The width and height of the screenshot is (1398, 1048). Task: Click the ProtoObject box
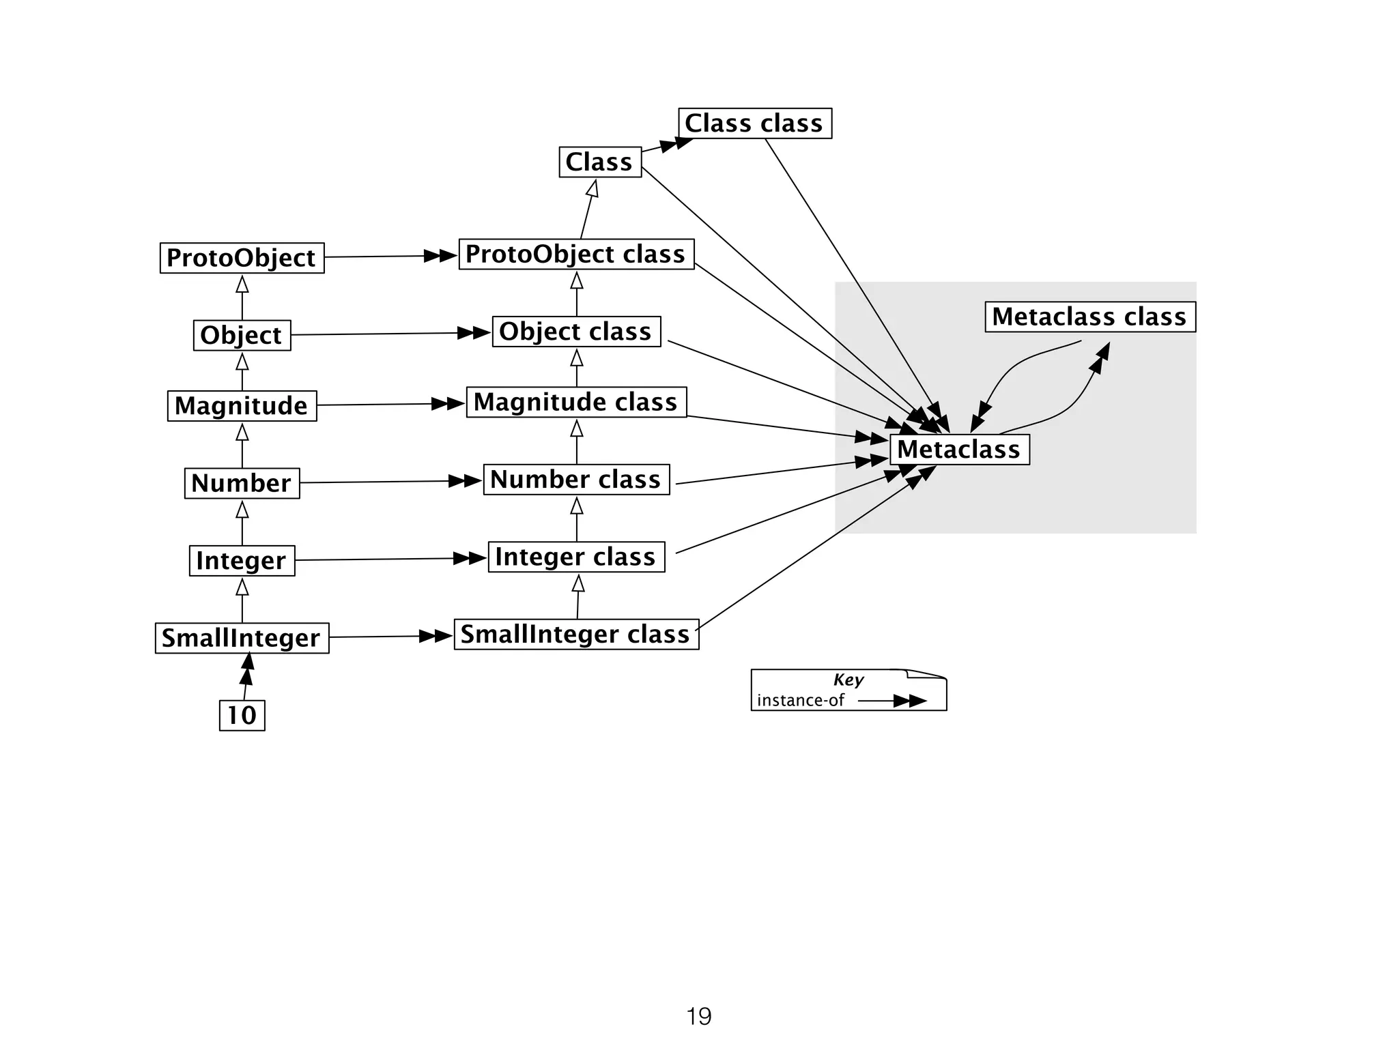[x=242, y=258]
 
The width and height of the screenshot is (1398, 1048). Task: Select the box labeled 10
[x=242, y=715]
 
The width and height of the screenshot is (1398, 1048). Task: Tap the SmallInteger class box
[x=576, y=635]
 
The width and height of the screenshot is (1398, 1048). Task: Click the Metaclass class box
[x=1089, y=317]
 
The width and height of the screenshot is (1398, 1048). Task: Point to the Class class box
[x=754, y=123]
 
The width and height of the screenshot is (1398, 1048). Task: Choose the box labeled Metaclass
[x=959, y=450]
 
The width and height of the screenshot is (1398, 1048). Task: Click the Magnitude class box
[x=576, y=402]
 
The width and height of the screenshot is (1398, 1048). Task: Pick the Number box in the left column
[x=242, y=483]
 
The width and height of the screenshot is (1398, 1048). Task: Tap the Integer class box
[x=576, y=557]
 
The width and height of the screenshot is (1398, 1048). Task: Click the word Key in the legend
[x=848, y=680]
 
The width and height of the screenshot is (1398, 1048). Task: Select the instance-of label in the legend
[x=800, y=701]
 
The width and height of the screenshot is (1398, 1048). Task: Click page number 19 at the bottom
[x=698, y=1017]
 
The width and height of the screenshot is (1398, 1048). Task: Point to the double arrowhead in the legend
[x=910, y=701]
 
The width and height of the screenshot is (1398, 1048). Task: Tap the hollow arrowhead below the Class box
[x=593, y=188]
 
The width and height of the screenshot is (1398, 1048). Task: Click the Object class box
[x=576, y=332]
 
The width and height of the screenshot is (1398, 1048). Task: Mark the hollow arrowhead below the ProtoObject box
[x=242, y=284]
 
